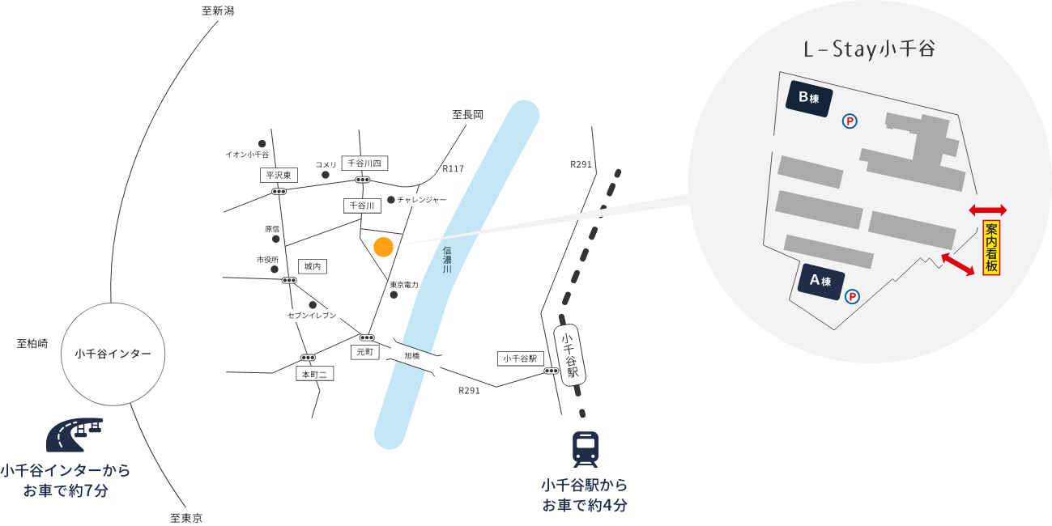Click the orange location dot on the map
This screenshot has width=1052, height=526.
384,247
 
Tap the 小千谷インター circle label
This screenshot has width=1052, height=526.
113,354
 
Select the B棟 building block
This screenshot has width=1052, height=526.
809,99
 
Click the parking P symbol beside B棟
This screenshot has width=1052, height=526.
850,121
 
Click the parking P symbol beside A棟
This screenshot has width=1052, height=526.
852,297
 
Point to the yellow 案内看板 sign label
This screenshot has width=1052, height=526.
991,248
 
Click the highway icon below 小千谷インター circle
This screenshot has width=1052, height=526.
74,435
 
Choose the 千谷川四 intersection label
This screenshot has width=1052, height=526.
364,163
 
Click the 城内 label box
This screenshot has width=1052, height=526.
312,266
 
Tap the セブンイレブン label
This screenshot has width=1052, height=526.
312,316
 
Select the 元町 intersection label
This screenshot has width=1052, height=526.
364,353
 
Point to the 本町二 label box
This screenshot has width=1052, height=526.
315,374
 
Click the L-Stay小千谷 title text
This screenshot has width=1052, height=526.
869,50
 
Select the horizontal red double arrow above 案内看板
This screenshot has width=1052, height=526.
988,210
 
